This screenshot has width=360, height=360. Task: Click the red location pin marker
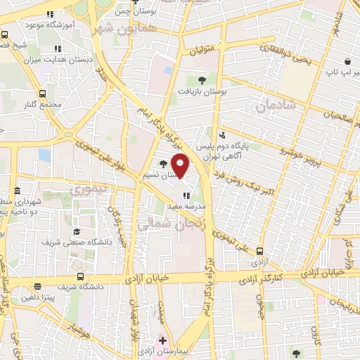tap(180, 165)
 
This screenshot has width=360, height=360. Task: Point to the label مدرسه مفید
tap(186, 207)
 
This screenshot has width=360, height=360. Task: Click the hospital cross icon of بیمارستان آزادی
tap(162, 341)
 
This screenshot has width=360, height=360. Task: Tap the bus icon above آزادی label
tap(260, 250)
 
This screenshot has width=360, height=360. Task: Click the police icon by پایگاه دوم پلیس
tap(222, 134)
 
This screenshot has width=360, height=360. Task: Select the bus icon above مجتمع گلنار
tap(43, 93)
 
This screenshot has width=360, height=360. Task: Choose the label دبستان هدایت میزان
tap(57, 60)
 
